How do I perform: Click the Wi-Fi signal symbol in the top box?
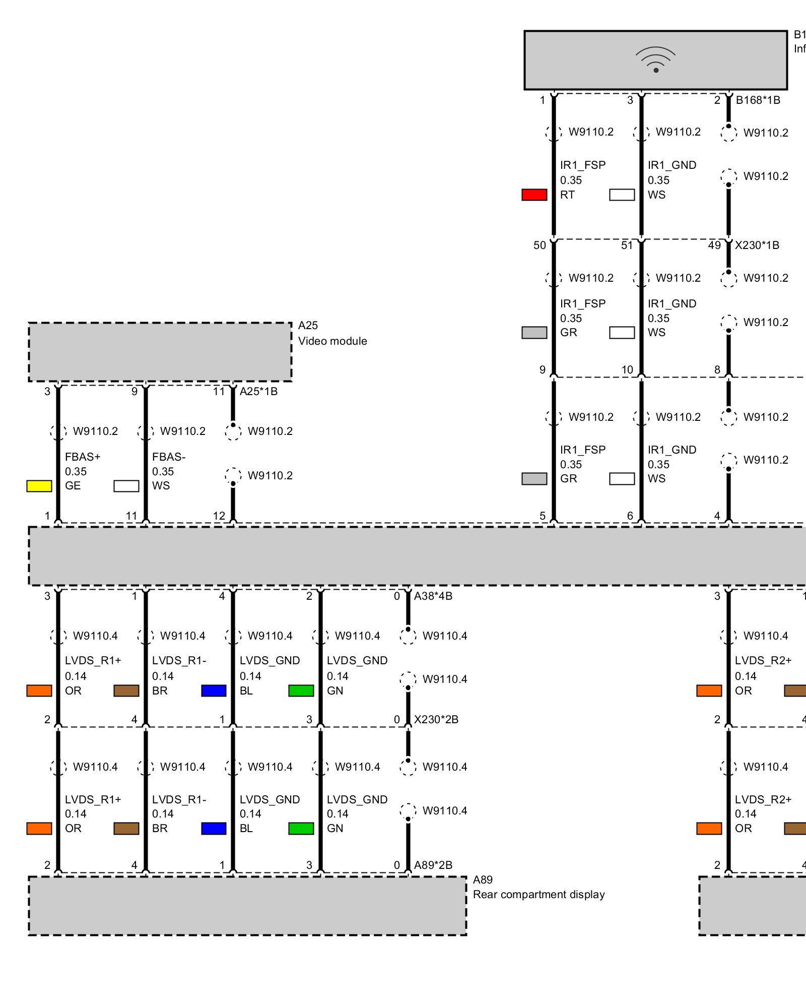click(655, 60)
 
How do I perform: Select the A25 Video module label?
click(332, 333)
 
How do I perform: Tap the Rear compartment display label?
click(539, 895)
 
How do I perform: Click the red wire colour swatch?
click(534, 195)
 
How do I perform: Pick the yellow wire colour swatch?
click(39, 486)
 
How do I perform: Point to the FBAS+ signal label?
click(83, 457)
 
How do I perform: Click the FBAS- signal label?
click(169, 457)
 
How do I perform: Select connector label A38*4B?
click(433, 596)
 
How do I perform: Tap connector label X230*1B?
click(757, 245)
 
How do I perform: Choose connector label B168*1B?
click(758, 100)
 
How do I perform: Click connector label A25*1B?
click(258, 392)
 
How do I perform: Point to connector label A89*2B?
click(433, 865)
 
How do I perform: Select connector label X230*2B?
click(436, 719)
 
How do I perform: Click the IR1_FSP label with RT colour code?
click(583, 165)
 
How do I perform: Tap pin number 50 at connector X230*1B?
click(540, 245)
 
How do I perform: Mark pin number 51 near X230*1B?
click(627, 245)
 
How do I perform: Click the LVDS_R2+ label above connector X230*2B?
click(763, 660)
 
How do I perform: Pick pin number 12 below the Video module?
click(219, 516)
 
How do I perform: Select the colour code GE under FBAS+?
click(73, 486)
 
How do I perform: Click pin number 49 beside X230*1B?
click(714, 245)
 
